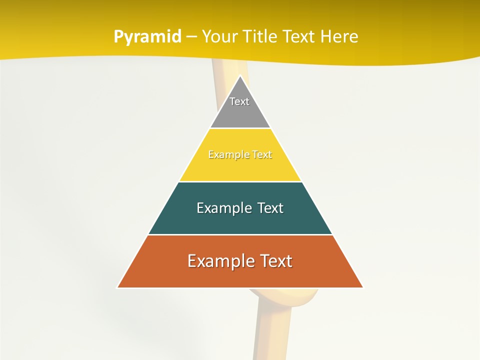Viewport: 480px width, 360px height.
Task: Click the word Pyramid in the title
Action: (x=147, y=37)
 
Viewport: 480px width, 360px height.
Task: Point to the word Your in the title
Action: (x=219, y=36)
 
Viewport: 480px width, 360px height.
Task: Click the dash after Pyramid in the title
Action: (x=191, y=37)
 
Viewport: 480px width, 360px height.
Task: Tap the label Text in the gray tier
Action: (x=239, y=101)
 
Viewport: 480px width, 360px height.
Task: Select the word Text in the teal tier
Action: (x=269, y=208)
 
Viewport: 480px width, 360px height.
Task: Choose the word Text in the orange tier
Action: (x=274, y=261)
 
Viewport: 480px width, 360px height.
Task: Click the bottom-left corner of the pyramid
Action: (x=118, y=287)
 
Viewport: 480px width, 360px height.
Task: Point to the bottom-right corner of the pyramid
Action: (x=362, y=287)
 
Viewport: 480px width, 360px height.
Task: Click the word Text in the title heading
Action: (x=298, y=36)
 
